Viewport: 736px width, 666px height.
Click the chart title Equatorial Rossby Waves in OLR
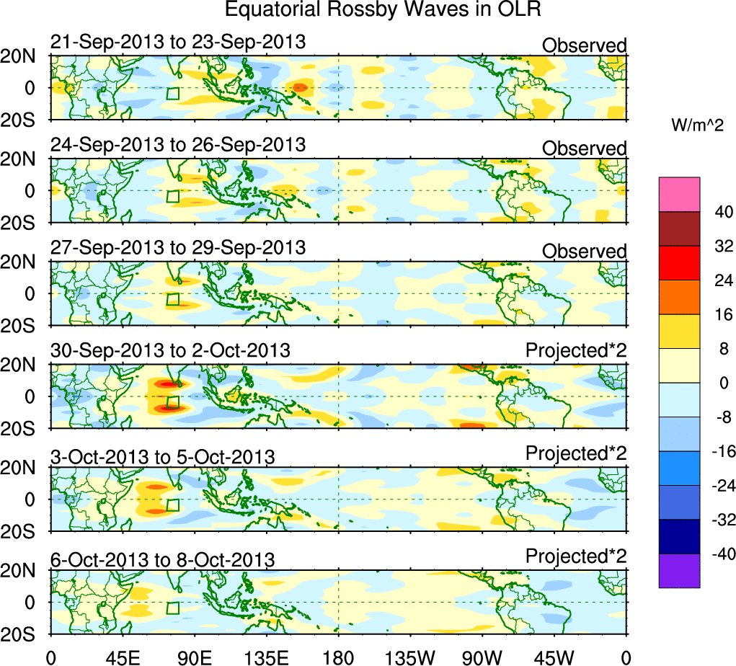click(382, 10)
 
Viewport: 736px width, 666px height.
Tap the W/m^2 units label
click(696, 125)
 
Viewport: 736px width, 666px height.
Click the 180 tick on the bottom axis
click(338, 657)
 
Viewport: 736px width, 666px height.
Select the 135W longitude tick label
click(410, 657)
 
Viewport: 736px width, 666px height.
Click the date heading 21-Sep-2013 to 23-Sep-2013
click(178, 43)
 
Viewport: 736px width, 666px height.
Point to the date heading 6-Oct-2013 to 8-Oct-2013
click(162, 559)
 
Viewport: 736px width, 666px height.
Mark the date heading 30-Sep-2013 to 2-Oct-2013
click(170, 351)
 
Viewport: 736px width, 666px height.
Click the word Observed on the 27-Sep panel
click(584, 252)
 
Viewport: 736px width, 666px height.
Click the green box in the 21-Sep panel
click(172, 93)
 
